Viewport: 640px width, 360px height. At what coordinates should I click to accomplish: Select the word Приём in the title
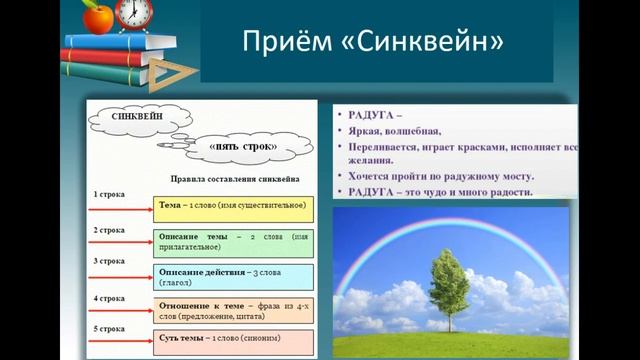[x=284, y=42]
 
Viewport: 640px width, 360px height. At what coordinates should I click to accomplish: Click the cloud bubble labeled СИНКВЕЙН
[x=139, y=118]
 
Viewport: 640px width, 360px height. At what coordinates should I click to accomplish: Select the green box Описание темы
[x=233, y=242]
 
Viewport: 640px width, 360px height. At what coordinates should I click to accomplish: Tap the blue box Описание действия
[x=233, y=276]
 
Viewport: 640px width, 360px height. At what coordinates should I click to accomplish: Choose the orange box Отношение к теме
[x=233, y=310]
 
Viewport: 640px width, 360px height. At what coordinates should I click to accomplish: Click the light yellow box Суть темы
[x=233, y=340]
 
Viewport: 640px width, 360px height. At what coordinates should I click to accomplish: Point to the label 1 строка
[x=109, y=193]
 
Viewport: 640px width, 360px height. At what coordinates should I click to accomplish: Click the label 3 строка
[x=109, y=261]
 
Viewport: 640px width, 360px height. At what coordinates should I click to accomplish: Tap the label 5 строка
[x=109, y=328]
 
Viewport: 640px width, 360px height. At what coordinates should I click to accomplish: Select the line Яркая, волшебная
[x=385, y=130]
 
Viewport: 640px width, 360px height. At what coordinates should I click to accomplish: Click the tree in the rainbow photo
[x=448, y=290]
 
